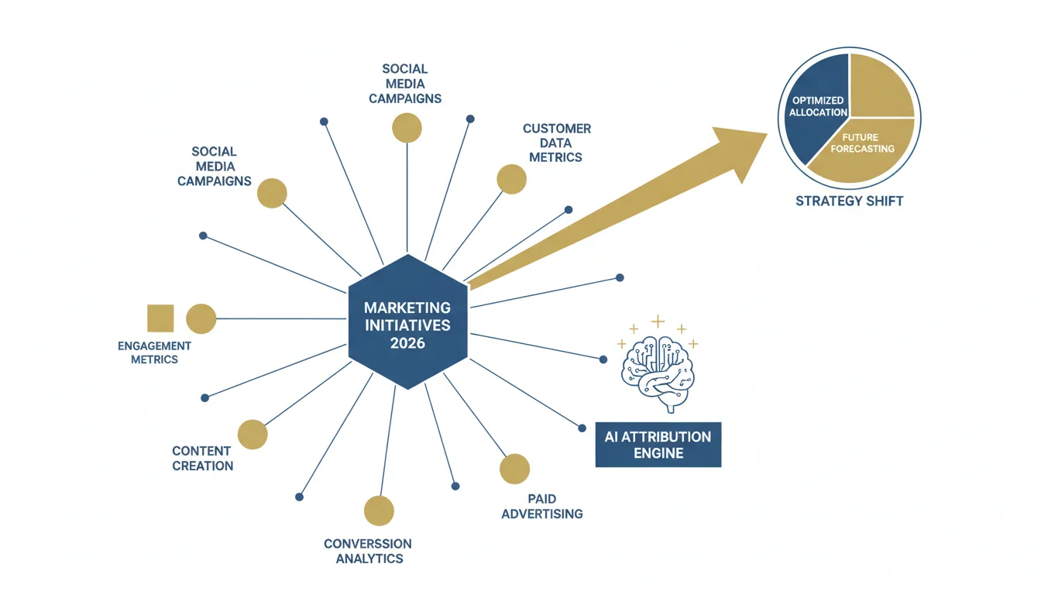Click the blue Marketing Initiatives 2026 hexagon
coord(407,322)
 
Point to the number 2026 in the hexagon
coord(407,343)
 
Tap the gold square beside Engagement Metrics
coord(160,318)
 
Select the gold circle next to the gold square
coord(201,319)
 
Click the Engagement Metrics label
coord(154,353)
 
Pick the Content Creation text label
coord(202,459)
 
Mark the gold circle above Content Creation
coord(253,435)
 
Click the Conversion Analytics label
coord(368,551)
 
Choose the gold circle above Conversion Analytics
coord(379,511)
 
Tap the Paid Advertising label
coord(542,506)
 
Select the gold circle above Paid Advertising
coord(514,469)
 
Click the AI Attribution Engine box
coord(658,445)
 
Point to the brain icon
coord(658,372)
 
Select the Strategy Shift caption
coord(850,201)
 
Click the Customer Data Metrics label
coord(556,143)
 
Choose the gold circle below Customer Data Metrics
coord(511,179)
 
